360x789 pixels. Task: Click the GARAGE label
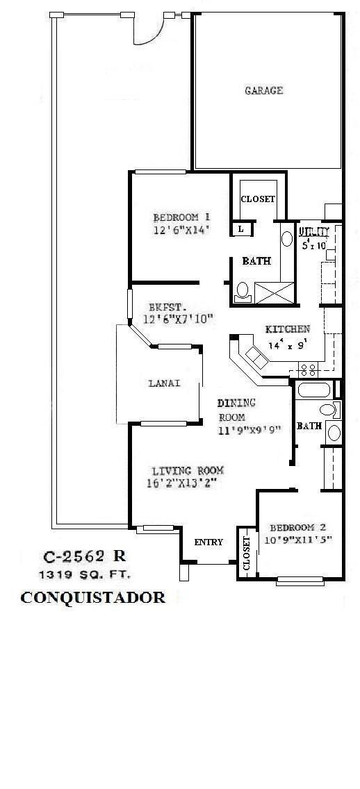(x=263, y=90)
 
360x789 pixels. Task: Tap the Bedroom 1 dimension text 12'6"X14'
(x=181, y=229)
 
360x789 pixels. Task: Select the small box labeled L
(x=240, y=229)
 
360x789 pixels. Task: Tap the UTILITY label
(x=309, y=231)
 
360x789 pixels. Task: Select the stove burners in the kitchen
(x=308, y=366)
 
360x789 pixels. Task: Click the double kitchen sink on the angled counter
(x=255, y=358)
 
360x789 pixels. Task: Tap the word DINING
(x=236, y=403)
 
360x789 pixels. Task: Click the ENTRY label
(x=208, y=542)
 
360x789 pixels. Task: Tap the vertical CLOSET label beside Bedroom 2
(x=247, y=553)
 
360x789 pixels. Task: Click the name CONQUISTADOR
(x=92, y=597)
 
